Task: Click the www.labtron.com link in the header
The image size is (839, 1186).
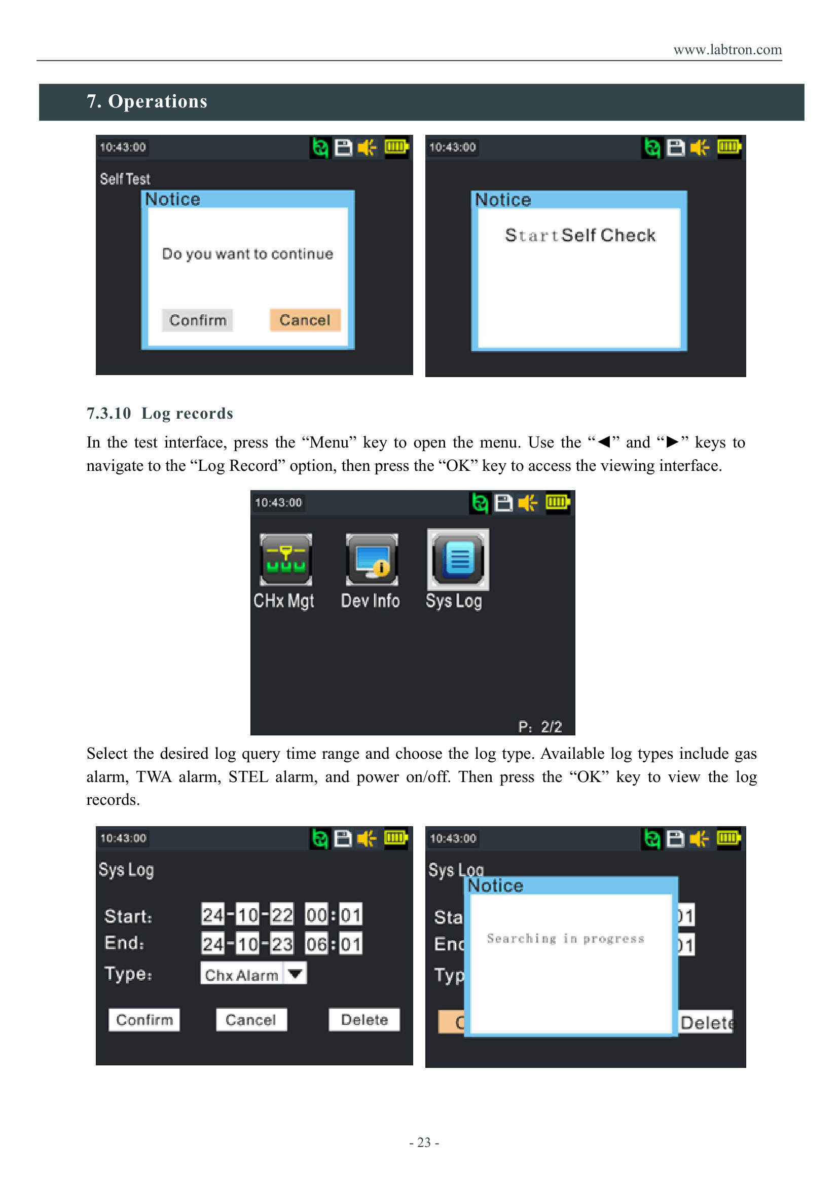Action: point(727,50)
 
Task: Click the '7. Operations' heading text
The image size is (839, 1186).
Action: point(147,101)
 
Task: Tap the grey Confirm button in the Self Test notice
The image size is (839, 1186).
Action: point(198,320)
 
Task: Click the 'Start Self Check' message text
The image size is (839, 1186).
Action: point(580,236)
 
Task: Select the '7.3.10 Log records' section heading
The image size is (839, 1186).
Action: point(160,413)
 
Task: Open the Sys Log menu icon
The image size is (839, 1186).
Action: point(458,560)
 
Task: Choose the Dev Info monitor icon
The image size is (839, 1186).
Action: point(372,560)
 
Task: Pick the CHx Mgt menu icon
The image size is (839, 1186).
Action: point(286,560)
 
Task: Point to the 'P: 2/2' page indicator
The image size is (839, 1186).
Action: point(540,727)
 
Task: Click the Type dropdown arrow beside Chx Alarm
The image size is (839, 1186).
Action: point(295,974)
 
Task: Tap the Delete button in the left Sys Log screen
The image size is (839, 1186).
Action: point(364,1020)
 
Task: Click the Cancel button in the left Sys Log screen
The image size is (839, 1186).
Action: point(251,1020)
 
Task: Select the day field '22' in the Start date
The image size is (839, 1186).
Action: point(282,915)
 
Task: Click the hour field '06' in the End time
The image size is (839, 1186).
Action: point(316,944)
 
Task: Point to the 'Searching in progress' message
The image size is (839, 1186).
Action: point(566,939)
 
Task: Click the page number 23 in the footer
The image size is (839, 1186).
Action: point(424,1142)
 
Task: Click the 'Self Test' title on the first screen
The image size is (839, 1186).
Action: point(125,179)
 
